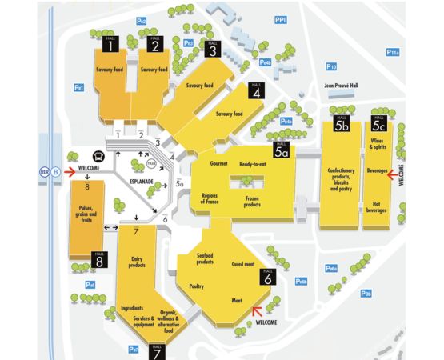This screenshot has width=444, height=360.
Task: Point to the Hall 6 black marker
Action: (267, 277)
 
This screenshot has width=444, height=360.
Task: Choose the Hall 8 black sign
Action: (100, 259)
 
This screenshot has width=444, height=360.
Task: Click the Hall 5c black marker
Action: (378, 122)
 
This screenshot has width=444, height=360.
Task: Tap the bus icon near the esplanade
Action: (98, 158)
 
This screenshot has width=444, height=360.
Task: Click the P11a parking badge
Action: (392, 52)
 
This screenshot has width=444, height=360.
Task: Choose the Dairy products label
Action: (142, 262)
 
